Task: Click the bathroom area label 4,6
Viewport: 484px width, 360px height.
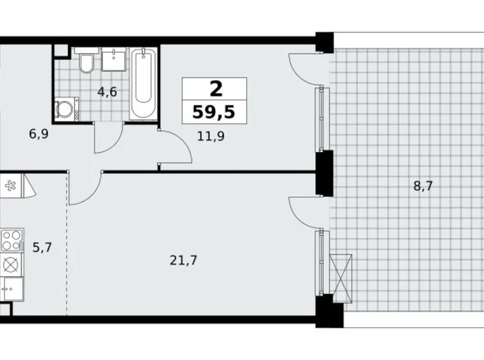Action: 107,92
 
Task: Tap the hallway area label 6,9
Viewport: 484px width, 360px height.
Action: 38,134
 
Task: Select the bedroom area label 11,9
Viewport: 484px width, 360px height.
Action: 211,136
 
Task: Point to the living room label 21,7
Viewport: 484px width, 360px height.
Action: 183,261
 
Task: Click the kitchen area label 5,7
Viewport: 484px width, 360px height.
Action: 42,248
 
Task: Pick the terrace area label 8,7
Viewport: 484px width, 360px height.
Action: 423,186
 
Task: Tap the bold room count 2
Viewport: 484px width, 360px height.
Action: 216,89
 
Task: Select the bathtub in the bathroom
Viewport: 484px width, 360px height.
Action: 143,83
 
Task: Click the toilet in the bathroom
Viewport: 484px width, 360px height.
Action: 86,61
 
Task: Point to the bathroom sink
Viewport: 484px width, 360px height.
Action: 114,60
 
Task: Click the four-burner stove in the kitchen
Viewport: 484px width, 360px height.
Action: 12,240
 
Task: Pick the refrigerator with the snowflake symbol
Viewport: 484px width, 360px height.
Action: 11,186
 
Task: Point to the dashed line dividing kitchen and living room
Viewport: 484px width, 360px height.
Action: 67,244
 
